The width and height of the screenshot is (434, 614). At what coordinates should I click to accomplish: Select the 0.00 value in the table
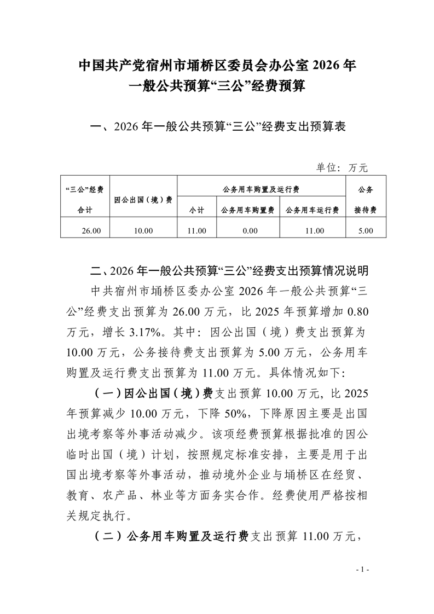click(250, 231)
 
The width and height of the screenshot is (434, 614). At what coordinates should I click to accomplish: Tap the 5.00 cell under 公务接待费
click(365, 231)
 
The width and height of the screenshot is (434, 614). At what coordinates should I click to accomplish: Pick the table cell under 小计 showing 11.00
click(196, 231)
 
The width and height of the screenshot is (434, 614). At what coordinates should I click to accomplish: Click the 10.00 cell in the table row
click(143, 231)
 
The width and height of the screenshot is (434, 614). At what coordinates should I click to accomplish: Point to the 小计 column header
click(196, 210)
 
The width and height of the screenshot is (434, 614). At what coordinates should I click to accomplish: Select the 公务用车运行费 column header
click(312, 210)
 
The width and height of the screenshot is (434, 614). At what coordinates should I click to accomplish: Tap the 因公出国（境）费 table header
click(143, 200)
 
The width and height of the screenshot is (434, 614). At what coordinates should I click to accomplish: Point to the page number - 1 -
click(364, 570)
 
